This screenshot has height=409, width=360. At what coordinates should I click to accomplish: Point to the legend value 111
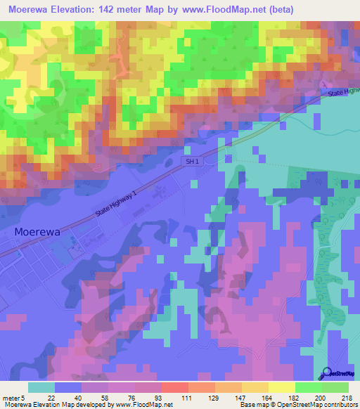coord(186,397)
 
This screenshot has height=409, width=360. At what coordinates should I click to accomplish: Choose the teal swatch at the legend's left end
coord(41,387)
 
